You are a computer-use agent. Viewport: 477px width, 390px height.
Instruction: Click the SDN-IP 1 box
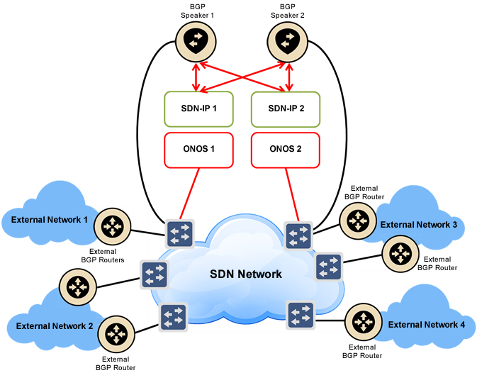[x=198, y=108]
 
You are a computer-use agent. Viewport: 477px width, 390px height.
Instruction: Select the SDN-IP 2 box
[x=286, y=108]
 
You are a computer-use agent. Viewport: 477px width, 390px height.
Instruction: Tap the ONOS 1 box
[x=198, y=150]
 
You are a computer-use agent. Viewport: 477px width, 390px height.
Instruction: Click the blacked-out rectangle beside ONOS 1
[x=286, y=150]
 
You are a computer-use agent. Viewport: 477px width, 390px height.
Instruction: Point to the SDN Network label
[x=246, y=274]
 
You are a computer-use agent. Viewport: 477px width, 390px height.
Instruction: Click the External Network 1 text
[x=50, y=220]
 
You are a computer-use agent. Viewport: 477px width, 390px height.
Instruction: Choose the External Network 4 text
[x=427, y=325]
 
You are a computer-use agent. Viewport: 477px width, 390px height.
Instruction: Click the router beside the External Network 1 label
[x=111, y=225]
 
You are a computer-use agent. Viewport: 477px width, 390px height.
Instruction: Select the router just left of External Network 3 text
[x=357, y=220]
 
